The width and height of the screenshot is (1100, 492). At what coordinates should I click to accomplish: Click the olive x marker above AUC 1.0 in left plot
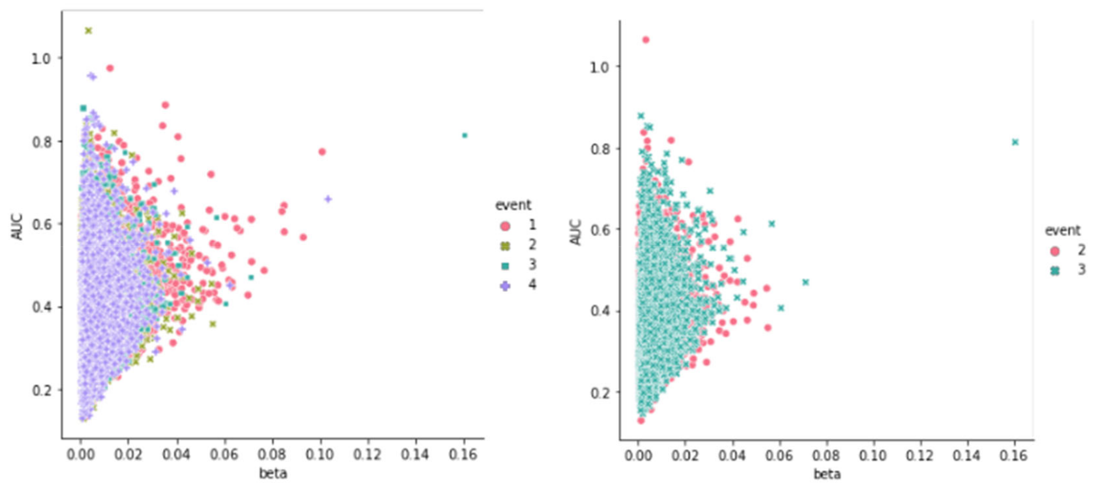click(88, 31)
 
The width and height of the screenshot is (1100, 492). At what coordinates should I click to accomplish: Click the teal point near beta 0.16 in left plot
click(465, 135)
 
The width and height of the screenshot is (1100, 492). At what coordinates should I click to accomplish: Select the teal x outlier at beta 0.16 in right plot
click(1015, 142)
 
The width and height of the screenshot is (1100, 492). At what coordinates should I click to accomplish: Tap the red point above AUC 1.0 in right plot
click(646, 40)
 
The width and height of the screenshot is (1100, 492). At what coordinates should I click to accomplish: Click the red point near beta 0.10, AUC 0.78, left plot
click(322, 151)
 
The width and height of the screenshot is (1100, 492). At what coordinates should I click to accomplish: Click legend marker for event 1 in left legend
click(505, 226)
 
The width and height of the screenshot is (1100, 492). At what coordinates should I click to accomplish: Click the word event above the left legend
click(513, 205)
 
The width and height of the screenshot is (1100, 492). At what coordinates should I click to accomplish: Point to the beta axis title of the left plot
click(273, 473)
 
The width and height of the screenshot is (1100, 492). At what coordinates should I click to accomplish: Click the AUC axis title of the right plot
click(576, 232)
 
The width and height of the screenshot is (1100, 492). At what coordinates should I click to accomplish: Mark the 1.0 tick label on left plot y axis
click(41, 59)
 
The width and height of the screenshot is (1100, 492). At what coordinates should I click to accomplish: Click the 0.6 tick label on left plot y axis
click(41, 225)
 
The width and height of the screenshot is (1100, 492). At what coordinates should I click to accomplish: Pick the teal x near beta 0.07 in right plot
click(805, 282)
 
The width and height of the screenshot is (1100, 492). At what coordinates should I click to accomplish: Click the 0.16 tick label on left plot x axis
click(462, 454)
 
